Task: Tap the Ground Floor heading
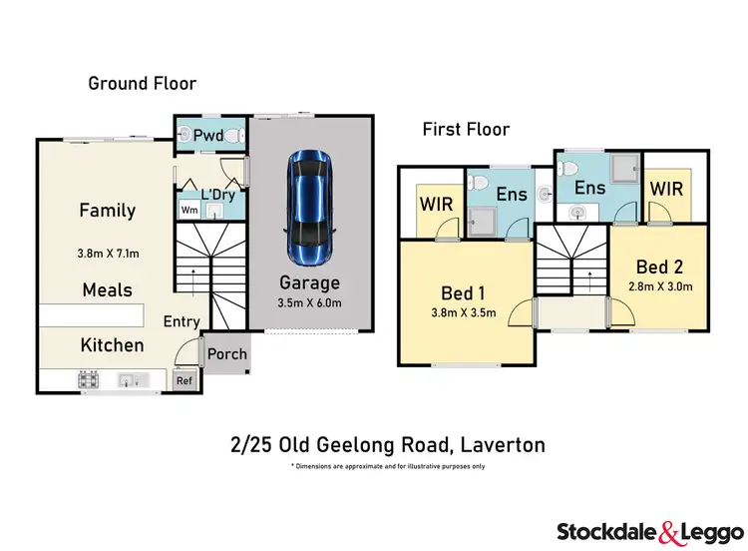pyautogui.click(x=142, y=84)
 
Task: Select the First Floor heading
pyautogui.click(x=466, y=129)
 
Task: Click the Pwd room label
pyautogui.click(x=208, y=135)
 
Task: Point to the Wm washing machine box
pyautogui.click(x=188, y=210)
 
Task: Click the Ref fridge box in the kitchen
pyautogui.click(x=184, y=380)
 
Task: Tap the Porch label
pyautogui.click(x=227, y=354)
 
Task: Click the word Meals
pyautogui.click(x=107, y=289)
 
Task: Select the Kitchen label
pyautogui.click(x=113, y=345)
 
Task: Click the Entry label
pyautogui.click(x=182, y=322)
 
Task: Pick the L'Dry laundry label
pyautogui.click(x=217, y=195)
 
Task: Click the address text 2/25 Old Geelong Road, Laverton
pyautogui.click(x=387, y=443)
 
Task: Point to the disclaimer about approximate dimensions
pyautogui.click(x=387, y=466)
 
